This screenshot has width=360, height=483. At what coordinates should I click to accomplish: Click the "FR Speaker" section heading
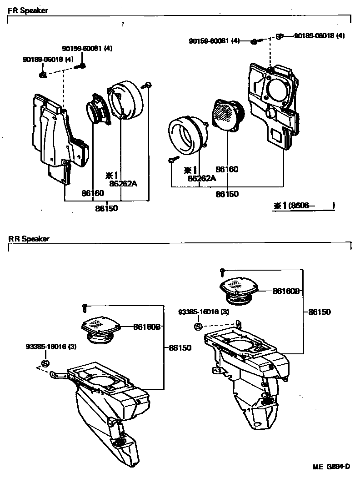pyautogui.click(x=28, y=10)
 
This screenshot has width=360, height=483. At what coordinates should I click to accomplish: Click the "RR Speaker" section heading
pyautogui.click(x=29, y=238)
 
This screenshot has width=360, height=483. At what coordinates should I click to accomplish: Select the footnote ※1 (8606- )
pyautogui.click(x=304, y=206)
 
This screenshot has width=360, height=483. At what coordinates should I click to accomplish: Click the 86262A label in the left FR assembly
pyautogui.click(x=123, y=183)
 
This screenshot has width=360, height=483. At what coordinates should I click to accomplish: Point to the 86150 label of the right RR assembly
pyautogui.click(x=319, y=312)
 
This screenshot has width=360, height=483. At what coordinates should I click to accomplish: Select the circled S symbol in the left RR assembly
pyautogui.click(x=45, y=363)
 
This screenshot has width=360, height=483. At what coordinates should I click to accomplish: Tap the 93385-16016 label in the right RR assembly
pyautogui.click(x=204, y=312)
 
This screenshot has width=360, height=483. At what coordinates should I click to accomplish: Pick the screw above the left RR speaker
pyautogui.click(x=84, y=308)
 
